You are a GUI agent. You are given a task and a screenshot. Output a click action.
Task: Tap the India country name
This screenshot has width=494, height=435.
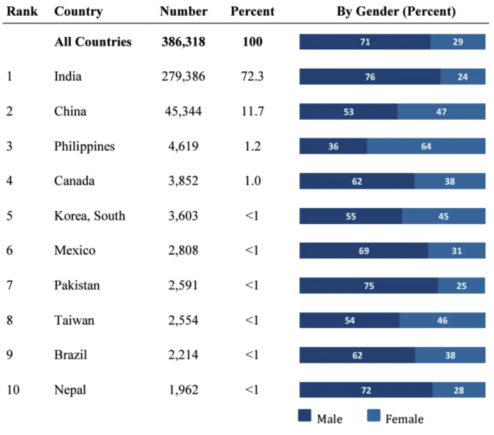[68, 77]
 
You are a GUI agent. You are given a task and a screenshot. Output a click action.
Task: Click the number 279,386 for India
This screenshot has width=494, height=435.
[183, 77]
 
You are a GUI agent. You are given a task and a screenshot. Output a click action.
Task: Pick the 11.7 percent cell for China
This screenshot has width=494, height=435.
[251, 112]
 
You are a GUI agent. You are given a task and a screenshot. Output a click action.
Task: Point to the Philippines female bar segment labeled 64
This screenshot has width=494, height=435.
[426, 147]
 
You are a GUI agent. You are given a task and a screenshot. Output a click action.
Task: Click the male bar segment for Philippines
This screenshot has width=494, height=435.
[333, 147]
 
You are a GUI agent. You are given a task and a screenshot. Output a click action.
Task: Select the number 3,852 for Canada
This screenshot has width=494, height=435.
[183, 181]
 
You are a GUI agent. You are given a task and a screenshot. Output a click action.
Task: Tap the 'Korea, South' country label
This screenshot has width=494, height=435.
[89, 216]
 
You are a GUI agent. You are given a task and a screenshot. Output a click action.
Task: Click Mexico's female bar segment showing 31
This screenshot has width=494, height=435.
[457, 251]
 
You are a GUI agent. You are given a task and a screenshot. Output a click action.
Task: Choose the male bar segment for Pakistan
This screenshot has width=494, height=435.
[369, 286]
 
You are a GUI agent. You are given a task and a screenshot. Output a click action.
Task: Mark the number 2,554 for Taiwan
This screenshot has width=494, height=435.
[183, 320]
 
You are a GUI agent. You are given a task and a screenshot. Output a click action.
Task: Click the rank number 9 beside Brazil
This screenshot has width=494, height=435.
[9, 355]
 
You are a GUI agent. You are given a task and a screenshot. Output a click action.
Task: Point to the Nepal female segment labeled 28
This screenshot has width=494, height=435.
[459, 390]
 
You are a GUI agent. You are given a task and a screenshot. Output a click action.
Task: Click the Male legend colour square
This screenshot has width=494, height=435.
[305, 417]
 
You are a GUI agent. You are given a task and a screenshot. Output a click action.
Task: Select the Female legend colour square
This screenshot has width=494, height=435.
[374, 417]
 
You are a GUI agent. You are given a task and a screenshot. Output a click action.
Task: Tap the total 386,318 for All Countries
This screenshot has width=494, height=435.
[183, 42]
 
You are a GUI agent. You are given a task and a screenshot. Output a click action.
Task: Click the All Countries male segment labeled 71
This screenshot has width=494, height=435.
[365, 42]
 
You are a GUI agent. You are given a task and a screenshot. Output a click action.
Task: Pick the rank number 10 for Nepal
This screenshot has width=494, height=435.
[13, 390]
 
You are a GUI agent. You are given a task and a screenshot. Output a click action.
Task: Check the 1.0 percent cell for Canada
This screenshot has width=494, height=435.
[251, 181]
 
